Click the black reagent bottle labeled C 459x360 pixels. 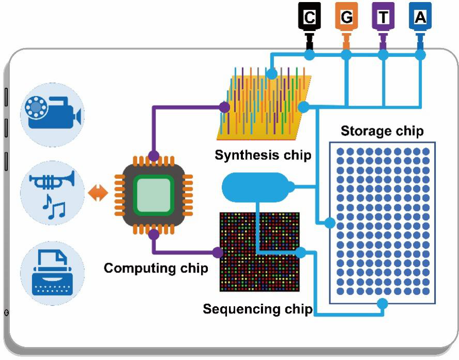(309, 19)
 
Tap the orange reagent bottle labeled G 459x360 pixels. (346, 19)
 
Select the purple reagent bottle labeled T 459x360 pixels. (383, 19)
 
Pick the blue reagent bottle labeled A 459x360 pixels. (420, 19)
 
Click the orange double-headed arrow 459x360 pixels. (98, 193)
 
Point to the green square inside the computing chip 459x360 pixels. (153, 194)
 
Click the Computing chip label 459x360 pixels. (156, 268)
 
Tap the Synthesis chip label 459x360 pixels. (263, 155)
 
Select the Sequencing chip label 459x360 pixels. (257, 309)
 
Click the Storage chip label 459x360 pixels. (382, 131)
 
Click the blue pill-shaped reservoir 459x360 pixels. (254, 187)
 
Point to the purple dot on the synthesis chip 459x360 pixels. (224, 107)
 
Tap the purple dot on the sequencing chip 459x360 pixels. (218, 252)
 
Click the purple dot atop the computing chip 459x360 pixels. (153, 156)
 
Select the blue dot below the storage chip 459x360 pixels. (382, 304)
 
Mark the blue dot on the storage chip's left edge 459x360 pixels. (329, 223)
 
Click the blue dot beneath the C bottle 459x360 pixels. (309, 54)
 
